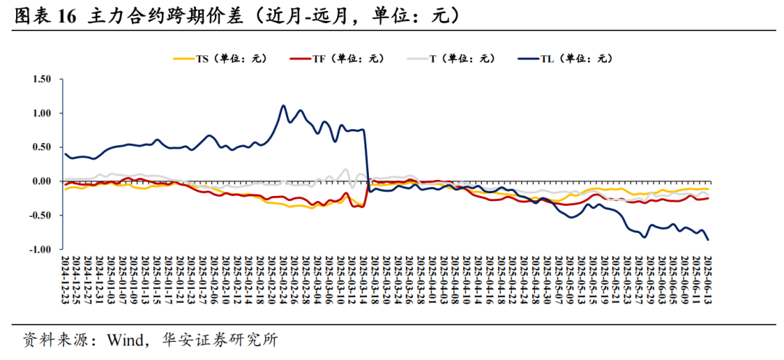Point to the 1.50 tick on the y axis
(41, 79)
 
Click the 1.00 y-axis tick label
(41, 113)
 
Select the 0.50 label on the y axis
(41, 147)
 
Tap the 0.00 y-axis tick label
(41, 181)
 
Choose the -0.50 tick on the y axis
(40, 216)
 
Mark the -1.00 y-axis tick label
(40, 250)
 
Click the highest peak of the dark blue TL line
(283, 106)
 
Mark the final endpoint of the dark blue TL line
(708, 239)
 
